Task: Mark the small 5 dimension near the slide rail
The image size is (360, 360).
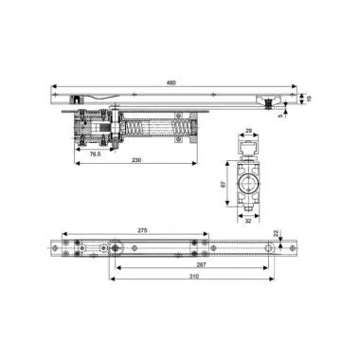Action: [x=280, y=117]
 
